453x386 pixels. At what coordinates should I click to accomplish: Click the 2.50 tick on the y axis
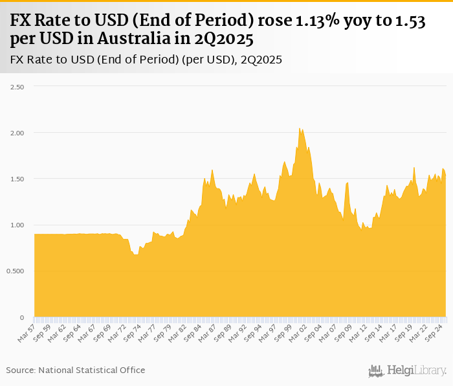pyautogui.click(x=16, y=87)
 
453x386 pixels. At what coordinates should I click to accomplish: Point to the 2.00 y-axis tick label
pyautogui.click(x=16, y=133)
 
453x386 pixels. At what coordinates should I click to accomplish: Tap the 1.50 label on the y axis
pyautogui.click(x=16, y=179)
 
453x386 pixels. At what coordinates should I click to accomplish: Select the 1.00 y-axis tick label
pyautogui.click(x=16, y=225)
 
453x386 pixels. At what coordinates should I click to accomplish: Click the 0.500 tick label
pyautogui.click(x=14, y=271)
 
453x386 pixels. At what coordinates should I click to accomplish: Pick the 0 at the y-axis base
pyautogui.click(x=21, y=317)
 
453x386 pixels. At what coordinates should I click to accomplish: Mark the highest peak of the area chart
pyautogui.click(x=299, y=129)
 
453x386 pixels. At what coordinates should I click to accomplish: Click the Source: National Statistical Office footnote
pyautogui.click(x=76, y=370)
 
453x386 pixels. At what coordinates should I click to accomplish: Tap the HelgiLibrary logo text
pyautogui.click(x=417, y=370)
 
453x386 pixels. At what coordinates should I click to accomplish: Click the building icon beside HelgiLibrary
pyautogui.click(x=375, y=371)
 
